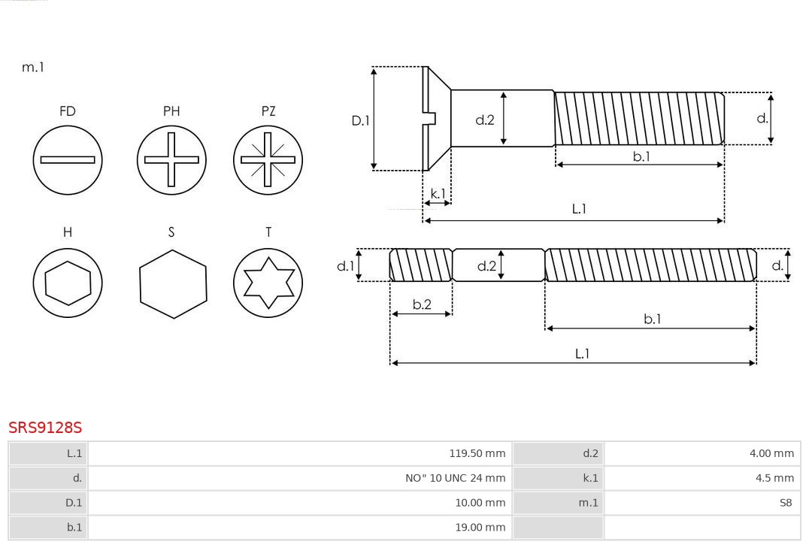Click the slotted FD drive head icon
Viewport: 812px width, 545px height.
click(x=68, y=159)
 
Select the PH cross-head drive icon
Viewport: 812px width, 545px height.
click(x=171, y=159)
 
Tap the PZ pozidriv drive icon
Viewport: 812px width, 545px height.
click(x=268, y=159)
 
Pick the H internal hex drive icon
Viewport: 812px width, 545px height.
click(x=68, y=283)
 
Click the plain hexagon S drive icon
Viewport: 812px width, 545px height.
click(x=172, y=283)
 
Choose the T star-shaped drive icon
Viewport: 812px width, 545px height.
click(x=268, y=283)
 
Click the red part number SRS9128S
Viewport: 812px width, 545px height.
click(x=45, y=428)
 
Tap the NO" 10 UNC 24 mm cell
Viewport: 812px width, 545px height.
click(x=456, y=478)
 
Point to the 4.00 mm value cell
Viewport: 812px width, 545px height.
click(x=771, y=453)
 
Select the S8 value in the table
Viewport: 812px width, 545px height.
click(x=786, y=503)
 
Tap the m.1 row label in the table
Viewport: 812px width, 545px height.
click(x=589, y=503)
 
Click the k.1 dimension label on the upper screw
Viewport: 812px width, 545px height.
click(x=437, y=193)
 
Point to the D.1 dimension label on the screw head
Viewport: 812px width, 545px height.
click(x=361, y=120)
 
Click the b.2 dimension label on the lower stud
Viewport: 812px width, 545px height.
click(x=422, y=304)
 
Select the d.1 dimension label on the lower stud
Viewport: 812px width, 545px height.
click(x=344, y=265)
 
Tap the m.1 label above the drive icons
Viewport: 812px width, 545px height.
click(x=33, y=67)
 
